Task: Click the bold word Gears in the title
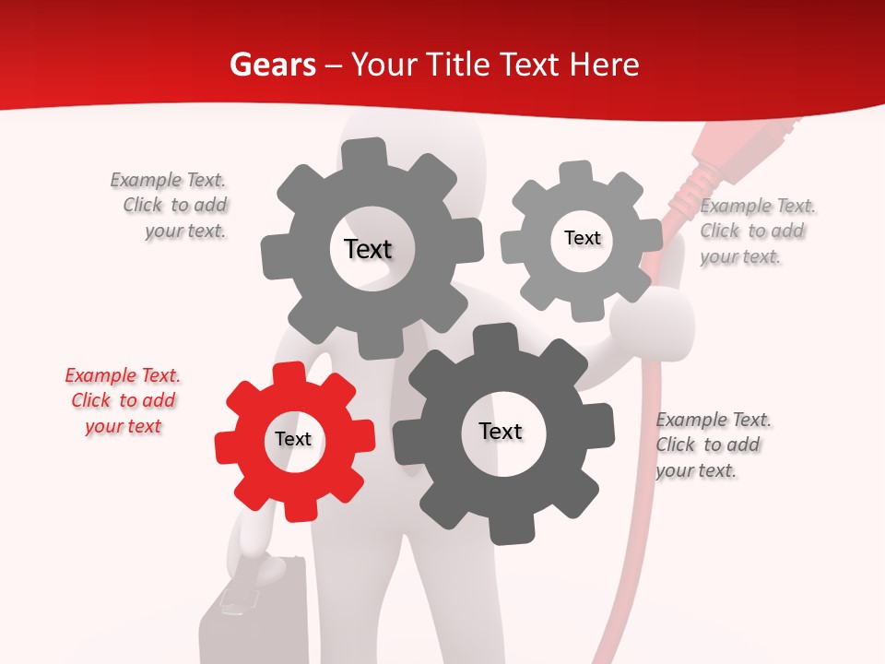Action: (x=272, y=65)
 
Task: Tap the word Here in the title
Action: (x=604, y=65)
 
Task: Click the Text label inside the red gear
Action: (x=293, y=440)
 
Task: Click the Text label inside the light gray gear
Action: (x=582, y=239)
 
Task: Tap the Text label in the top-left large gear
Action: (x=368, y=250)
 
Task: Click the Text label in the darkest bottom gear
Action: (x=501, y=432)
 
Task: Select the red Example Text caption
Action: (x=123, y=401)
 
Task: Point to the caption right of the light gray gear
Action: (x=756, y=231)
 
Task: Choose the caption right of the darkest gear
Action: (x=712, y=445)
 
